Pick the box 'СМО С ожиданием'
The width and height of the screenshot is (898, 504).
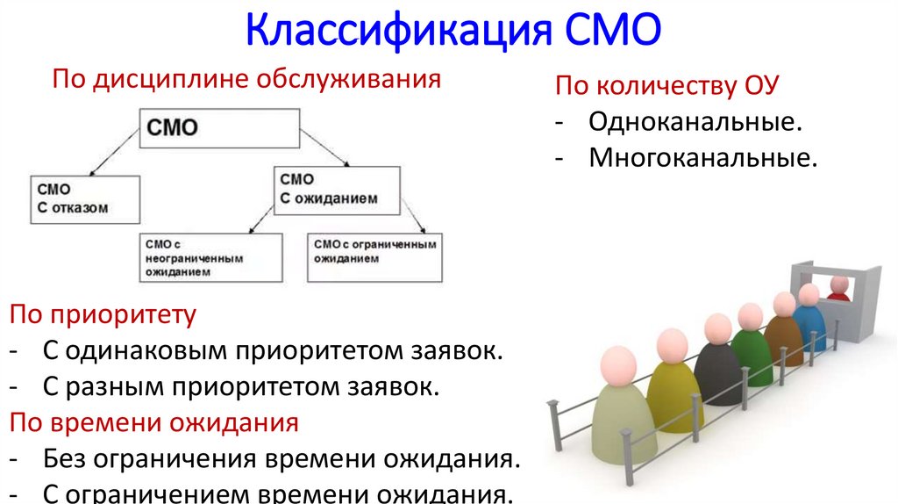[x=337, y=189]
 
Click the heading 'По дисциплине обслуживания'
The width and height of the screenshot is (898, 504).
[x=246, y=81]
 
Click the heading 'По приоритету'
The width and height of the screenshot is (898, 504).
[x=103, y=314]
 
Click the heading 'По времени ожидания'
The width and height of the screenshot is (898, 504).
[x=154, y=422]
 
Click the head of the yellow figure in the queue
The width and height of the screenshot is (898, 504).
[x=672, y=343]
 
